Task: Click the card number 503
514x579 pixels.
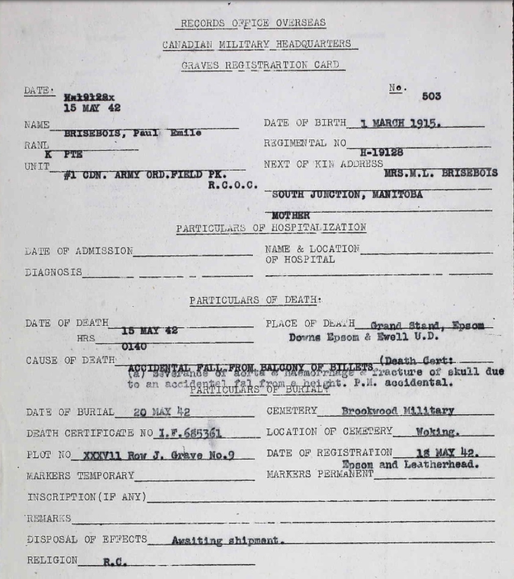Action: [x=431, y=97]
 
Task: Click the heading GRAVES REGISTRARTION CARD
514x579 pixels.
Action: [x=260, y=64]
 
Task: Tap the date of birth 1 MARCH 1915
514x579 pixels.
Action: [x=401, y=122]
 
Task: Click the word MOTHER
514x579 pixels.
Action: [x=290, y=216]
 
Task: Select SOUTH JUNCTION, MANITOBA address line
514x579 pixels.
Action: [x=347, y=195]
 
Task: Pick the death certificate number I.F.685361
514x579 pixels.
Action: [x=190, y=433]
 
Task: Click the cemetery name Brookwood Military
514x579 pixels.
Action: [x=397, y=411]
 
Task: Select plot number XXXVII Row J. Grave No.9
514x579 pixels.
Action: [x=153, y=455]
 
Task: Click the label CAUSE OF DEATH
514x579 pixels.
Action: [x=70, y=360]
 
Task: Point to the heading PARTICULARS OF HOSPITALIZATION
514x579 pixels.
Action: [x=271, y=228]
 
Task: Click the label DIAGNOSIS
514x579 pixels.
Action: [x=53, y=272]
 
